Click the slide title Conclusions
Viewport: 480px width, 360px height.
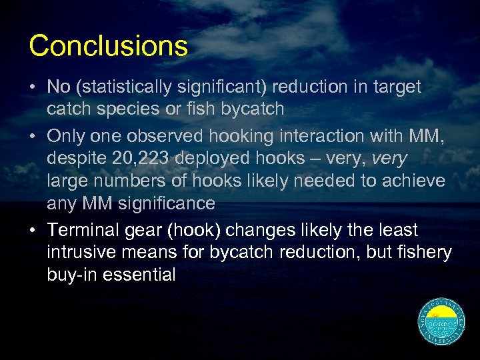(x=109, y=46)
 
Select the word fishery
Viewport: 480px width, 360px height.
(x=426, y=253)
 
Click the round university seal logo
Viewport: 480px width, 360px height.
(x=442, y=322)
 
